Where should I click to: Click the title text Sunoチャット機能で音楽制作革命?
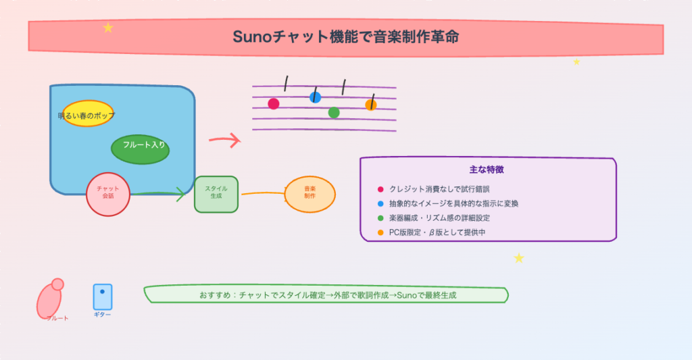[345, 37]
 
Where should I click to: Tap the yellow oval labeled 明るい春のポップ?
[87, 114]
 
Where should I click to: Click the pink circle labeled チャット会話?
[108, 194]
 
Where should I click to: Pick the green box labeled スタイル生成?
[216, 194]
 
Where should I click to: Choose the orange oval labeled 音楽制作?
[310, 194]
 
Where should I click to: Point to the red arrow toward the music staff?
[224, 140]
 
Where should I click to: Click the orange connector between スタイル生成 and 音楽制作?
[262, 193]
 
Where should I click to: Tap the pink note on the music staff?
[274, 104]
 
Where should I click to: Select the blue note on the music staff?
[315, 97]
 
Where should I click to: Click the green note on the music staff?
[334, 113]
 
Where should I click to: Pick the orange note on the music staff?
[370, 105]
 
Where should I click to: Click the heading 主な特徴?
[487, 170]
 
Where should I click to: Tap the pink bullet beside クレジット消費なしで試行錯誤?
[380, 189]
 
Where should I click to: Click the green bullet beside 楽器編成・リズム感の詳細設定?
[380, 218]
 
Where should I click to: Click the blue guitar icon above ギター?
[103, 297]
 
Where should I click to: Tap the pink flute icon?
[50, 298]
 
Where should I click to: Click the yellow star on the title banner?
[108, 28]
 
